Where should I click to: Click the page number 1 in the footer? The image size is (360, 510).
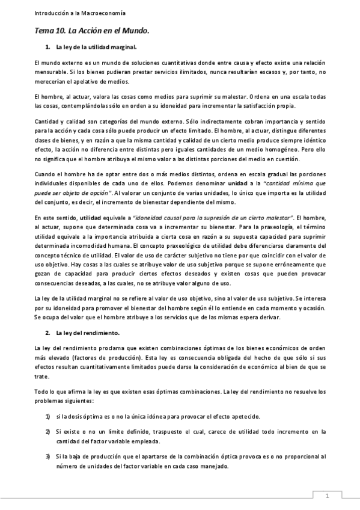click(x=326, y=496)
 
